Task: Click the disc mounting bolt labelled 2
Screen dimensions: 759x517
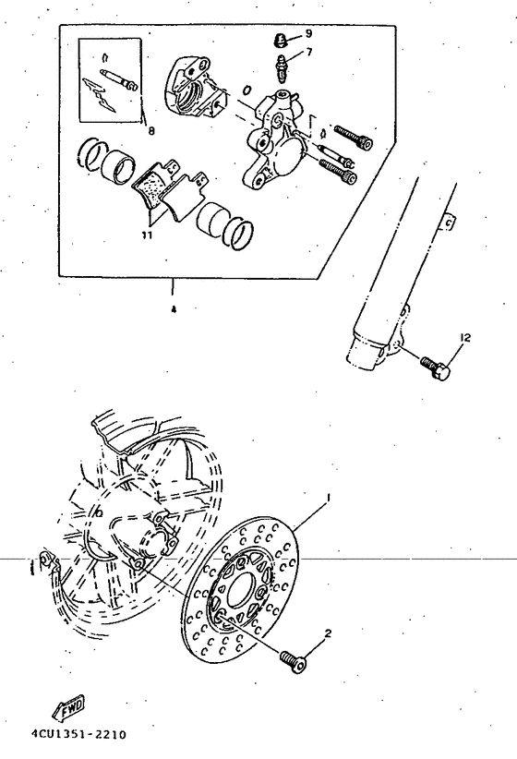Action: point(293,660)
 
